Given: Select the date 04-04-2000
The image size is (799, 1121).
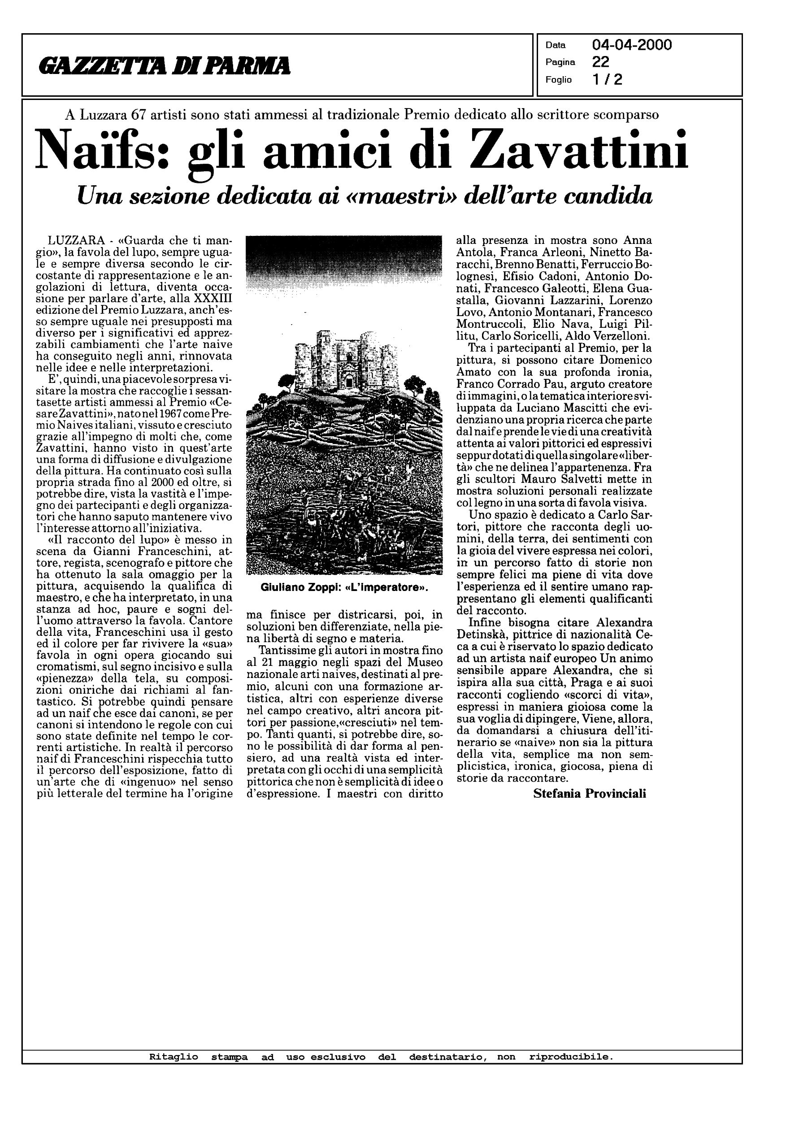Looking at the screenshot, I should pyautogui.click(x=632, y=45).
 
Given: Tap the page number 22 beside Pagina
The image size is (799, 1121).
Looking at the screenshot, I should pyautogui.click(x=601, y=62).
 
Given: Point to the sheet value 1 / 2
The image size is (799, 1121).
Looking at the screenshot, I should pyautogui.click(x=608, y=79).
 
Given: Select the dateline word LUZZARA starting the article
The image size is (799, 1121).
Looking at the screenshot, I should pyautogui.click(x=76, y=241).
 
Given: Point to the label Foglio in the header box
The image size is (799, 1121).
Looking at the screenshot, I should pyautogui.click(x=558, y=80).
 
